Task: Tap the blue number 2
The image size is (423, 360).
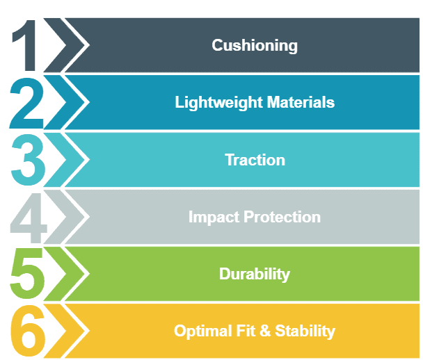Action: (26, 103)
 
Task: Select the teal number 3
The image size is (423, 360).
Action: (28, 161)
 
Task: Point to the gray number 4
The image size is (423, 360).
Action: (29, 218)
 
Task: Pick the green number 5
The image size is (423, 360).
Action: (27, 274)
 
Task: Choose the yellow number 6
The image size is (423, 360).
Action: (28, 331)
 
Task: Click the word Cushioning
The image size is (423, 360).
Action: (255, 46)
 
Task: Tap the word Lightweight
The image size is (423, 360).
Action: (218, 103)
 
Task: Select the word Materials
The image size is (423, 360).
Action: (301, 102)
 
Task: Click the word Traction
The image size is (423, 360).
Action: (255, 160)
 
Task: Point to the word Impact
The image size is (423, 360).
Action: (214, 218)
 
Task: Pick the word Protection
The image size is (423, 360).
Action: (282, 217)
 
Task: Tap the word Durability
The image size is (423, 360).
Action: (255, 275)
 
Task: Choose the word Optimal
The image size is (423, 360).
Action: (203, 332)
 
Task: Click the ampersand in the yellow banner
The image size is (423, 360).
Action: (266, 331)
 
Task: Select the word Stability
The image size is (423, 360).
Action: (305, 332)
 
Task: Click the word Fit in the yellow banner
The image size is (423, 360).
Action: (246, 331)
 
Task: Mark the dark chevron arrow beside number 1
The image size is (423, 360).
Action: (55, 45)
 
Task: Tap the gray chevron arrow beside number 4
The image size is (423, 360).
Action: (55, 217)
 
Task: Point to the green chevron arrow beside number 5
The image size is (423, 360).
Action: (55, 274)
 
